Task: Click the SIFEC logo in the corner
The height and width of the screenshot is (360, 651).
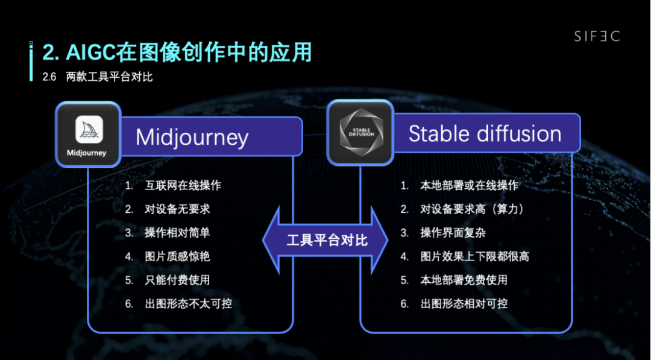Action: pyautogui.click(x=596, y=36)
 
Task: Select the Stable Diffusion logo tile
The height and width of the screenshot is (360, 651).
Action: pyautogui.click(x=360, y=133)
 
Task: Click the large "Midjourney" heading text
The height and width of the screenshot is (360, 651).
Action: pyautogui.click(x=192, y=137)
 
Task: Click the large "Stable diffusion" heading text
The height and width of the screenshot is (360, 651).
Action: pyautogui.click(x=485, y=133)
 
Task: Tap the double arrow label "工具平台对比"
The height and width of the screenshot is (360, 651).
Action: pyautogui.click(x=327, y=241)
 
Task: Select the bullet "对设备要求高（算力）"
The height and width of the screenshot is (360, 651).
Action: pyautogui.click(x=473, y=209)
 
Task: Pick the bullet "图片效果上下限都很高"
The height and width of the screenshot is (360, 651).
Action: pyautogui.click(x=474, y=256)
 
